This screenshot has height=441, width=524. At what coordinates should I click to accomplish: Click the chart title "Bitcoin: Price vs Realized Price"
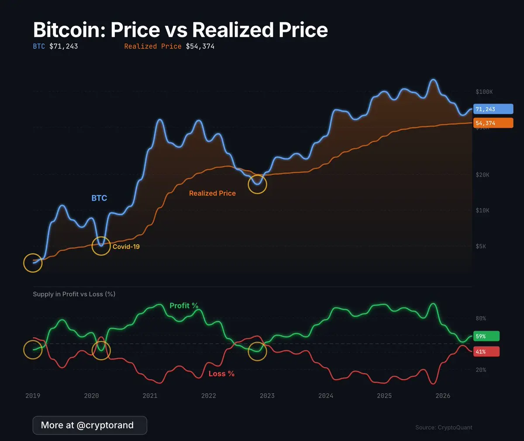coord(180,30)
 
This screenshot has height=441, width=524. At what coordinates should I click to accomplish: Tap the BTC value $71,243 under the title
coord(63,46)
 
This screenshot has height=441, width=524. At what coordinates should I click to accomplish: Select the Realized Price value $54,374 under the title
coord(200,46)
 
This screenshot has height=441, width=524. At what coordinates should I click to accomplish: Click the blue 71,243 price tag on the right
coord(493,109)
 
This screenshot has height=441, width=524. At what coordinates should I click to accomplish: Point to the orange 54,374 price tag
coord(493,123)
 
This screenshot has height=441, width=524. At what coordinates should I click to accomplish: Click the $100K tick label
coord(484,92)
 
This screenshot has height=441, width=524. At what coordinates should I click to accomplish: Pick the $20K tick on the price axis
coord(483,175)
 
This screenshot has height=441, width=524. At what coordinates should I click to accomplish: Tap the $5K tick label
coord(481,247)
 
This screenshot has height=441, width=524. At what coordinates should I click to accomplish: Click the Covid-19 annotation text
coord(126,247)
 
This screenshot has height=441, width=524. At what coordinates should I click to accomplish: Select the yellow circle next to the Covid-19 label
coord(101,247)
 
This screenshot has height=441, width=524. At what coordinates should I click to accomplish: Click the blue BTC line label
coord(99,198)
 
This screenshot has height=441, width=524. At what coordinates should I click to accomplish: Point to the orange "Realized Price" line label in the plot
coord(212,193)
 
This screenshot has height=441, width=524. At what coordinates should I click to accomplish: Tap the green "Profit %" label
coord(184,306)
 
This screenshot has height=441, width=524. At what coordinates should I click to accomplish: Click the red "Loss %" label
coord(221,374)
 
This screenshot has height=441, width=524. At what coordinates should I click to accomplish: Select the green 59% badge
coord(486,336)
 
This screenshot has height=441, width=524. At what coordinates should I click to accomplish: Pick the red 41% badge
coord(486,351)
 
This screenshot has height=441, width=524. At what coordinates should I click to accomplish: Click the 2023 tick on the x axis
coord(267,396)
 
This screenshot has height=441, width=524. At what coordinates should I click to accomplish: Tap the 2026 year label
coord(443,396)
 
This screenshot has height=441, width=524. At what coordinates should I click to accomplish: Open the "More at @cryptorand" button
coord(90,425)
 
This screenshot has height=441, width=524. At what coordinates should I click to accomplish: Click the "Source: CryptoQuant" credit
coord(444,427)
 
